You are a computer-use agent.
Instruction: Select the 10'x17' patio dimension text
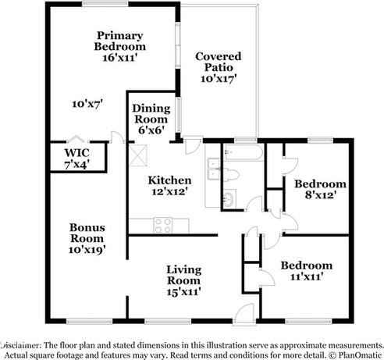(x=218, y=78)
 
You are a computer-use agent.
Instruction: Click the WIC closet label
(x=76, y=159)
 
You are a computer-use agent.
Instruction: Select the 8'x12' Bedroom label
(x=319, y=189)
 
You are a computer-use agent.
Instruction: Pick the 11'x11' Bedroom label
(x=306, y=270)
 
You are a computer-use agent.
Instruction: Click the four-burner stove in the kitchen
(x=163, y=225)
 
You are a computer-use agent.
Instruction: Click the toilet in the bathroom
(x=232, y=173)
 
